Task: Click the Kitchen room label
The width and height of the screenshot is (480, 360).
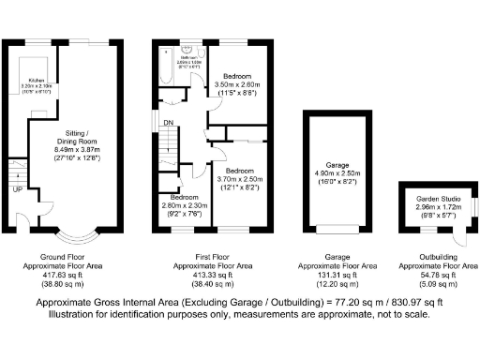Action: point(39,82)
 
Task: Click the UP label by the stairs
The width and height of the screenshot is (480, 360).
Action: point(17,191)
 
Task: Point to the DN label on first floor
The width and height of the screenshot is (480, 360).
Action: point(169,122)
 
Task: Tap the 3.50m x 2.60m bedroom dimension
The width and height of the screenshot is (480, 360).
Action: point(235,84)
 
